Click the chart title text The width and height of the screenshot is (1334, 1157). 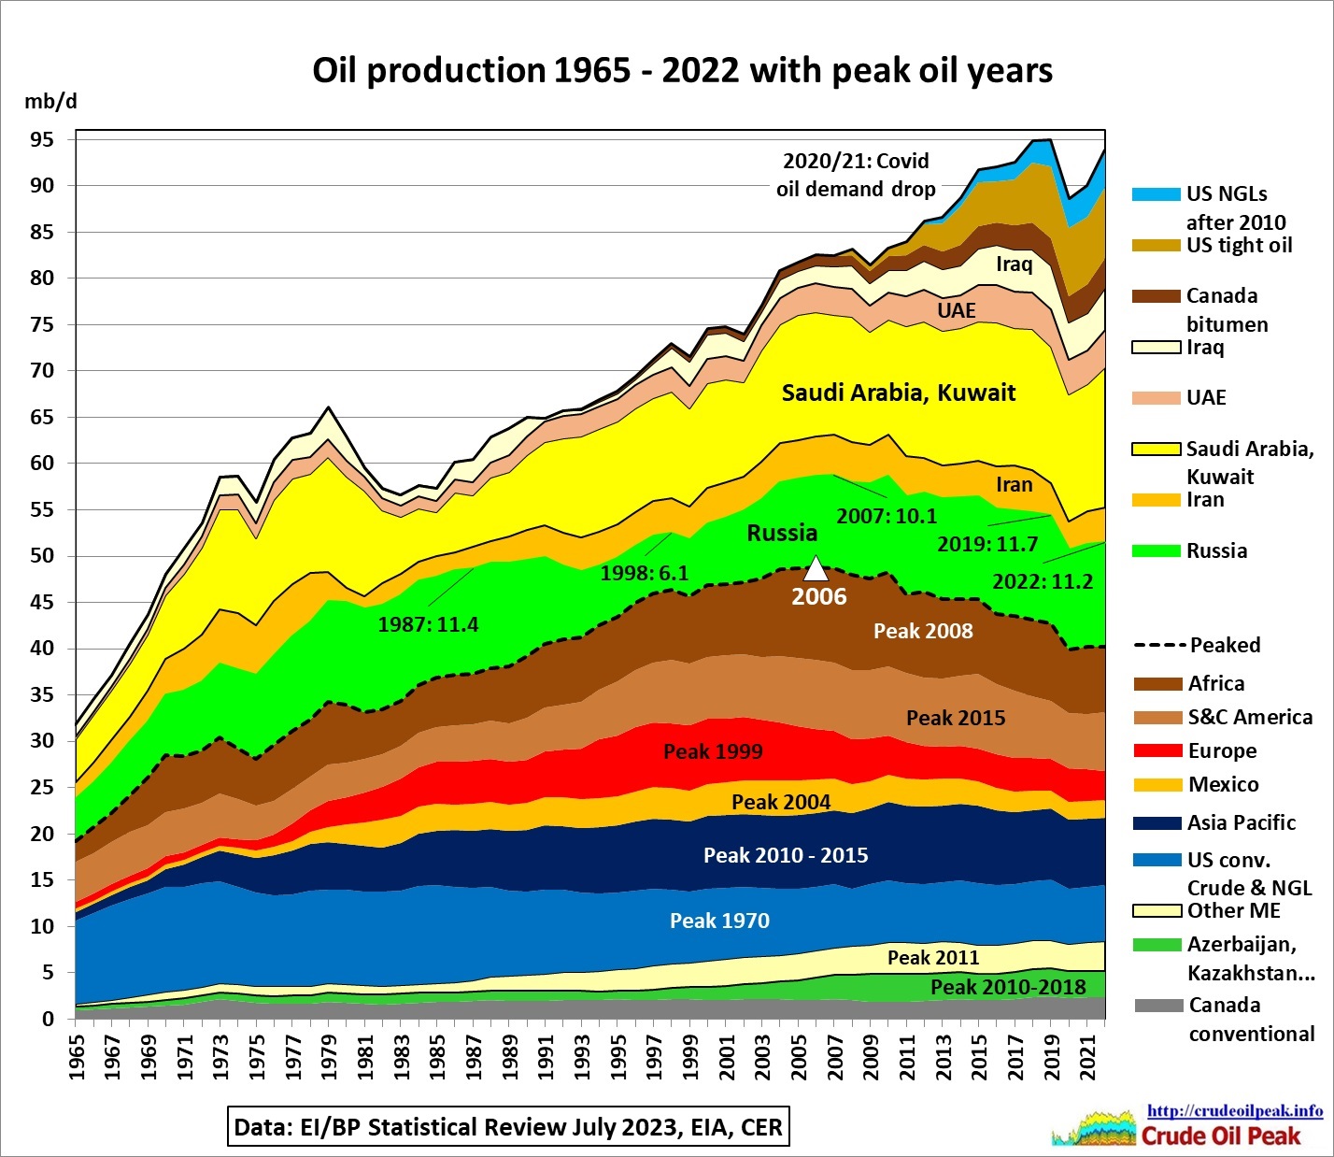tap(682, 71)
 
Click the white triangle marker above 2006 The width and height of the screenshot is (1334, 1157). tap(816, 568)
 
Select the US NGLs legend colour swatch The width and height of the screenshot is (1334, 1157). tap(1156, 194)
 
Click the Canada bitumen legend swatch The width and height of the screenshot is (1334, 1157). tap(1156, 296)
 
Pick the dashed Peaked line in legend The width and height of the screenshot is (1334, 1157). tap(1158, 646)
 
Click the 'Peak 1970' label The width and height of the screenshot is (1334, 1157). tap(719, 921)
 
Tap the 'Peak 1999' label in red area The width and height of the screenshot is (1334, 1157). tap(713, 751)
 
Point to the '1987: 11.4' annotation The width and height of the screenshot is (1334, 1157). tap(428, 624)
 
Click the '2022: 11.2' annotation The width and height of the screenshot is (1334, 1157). tap(1043, 581)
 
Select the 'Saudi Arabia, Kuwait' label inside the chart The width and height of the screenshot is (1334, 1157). tap(898, 393)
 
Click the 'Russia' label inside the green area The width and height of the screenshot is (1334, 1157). tap(782, 533)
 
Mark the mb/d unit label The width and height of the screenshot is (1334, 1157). tap(50, 101)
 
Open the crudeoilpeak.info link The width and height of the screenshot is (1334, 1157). tap(1234, 1111)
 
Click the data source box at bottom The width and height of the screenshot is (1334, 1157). tap(508, 1127)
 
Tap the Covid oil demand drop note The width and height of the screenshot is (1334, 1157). tap(856, 175)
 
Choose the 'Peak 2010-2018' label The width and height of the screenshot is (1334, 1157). tap(1008, 988)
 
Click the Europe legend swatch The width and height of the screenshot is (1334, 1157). tap(1157, 751)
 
